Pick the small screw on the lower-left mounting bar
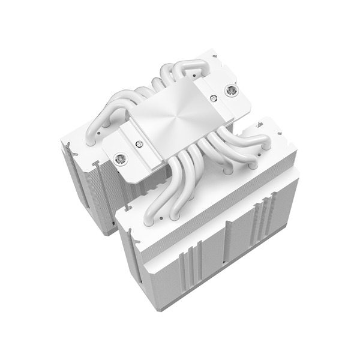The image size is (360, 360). pos(140,143)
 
